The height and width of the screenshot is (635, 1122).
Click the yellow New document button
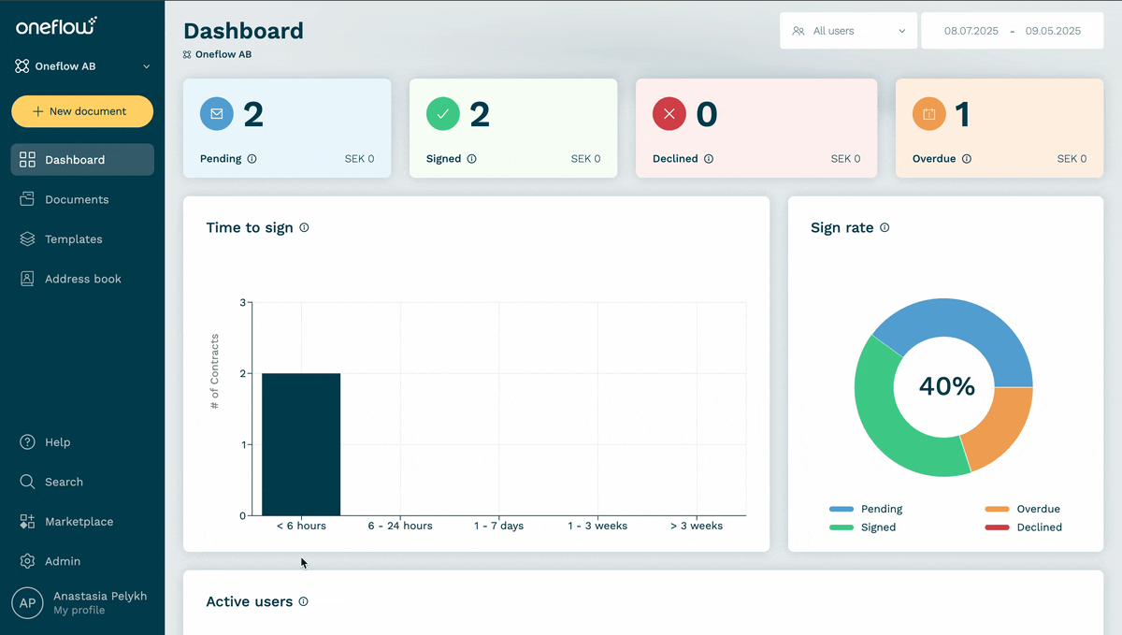pyautogui.click(x=82, y=111)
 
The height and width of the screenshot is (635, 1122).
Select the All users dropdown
pyautogui.click(x=848, y=31)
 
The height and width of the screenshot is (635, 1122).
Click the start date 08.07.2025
pyautogui.click(x=971, y=31)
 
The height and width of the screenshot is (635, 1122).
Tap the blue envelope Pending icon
pyautogui.click(x=216, y=114)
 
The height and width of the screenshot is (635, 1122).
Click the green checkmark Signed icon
pyautogui.click(x=443, y=114)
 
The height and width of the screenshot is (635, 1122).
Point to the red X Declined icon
pyautogui.click(x=669, y=114)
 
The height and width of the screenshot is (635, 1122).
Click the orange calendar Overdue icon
pyautogui.click(x=929, y=114)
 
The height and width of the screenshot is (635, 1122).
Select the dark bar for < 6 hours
pyautogui.click(x=301, y=444)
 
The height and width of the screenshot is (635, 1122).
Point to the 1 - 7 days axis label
pyautogui.click(x=498, y=526)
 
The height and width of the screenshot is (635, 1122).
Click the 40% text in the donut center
pyautogui.click(x=946, y=386)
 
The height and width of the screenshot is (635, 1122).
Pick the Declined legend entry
pyautogui.click(x=1023, y=527)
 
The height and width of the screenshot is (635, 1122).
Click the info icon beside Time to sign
pyautogui.click(x=304, y=227)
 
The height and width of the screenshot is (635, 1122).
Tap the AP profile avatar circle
pyautogui.click(x=27, y=603)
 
